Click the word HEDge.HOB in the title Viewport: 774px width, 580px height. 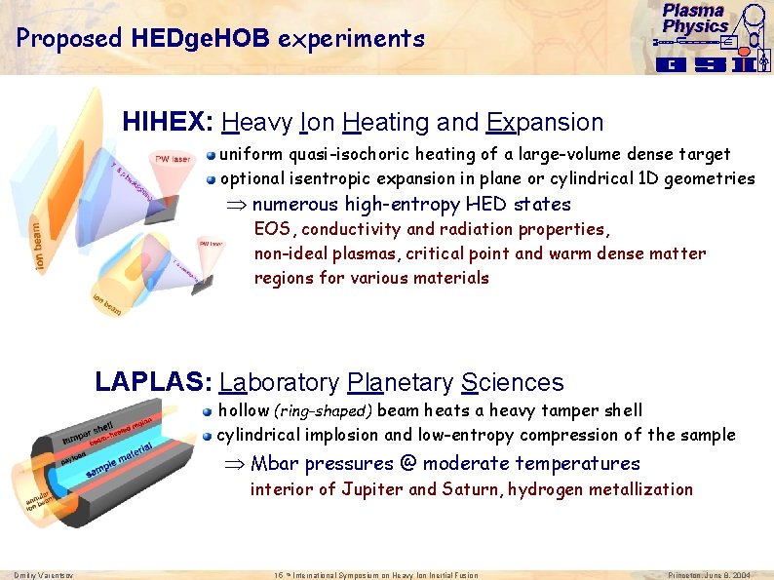212,39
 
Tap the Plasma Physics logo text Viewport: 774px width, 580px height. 695,19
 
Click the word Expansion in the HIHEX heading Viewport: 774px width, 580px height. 545,123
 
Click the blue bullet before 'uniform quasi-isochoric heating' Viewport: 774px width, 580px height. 210,155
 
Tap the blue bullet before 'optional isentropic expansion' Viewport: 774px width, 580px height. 210,178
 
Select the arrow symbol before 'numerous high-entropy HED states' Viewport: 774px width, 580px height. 238,205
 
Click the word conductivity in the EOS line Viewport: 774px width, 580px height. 360,229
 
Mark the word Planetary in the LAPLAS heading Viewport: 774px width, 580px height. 399,383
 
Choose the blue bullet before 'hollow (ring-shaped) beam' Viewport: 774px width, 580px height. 208,411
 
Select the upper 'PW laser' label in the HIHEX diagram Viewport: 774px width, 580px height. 173,158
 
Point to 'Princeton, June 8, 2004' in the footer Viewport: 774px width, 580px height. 710,575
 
